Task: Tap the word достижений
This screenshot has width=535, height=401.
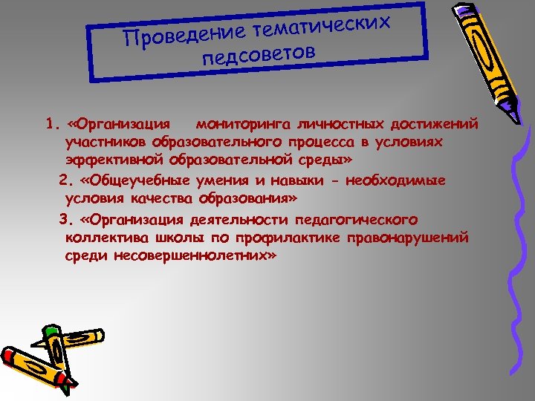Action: (436, 123)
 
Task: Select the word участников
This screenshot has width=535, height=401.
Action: (106, 141)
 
